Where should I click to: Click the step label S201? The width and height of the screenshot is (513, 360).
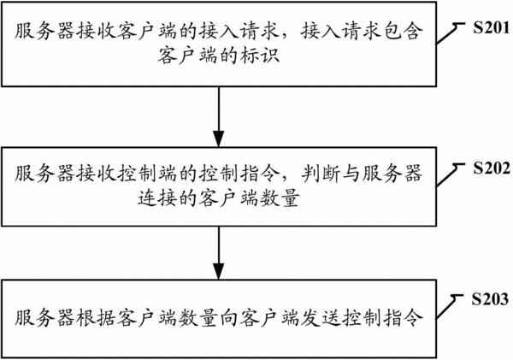(x=491, y=28)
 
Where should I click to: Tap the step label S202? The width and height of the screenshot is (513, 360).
(x=492, y=168)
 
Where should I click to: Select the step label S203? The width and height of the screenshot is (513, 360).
(x=490, y=299)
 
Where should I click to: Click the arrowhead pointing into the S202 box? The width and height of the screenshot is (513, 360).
(x=219, y=139)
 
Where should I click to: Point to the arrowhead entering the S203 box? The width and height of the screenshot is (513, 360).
(x=219, y=271)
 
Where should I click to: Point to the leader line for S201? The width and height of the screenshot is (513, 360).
(x=451, y=33)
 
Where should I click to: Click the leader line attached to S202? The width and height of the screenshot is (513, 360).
(x=451, y=175)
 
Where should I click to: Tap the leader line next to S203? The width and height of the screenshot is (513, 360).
(x=450, y=307)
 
